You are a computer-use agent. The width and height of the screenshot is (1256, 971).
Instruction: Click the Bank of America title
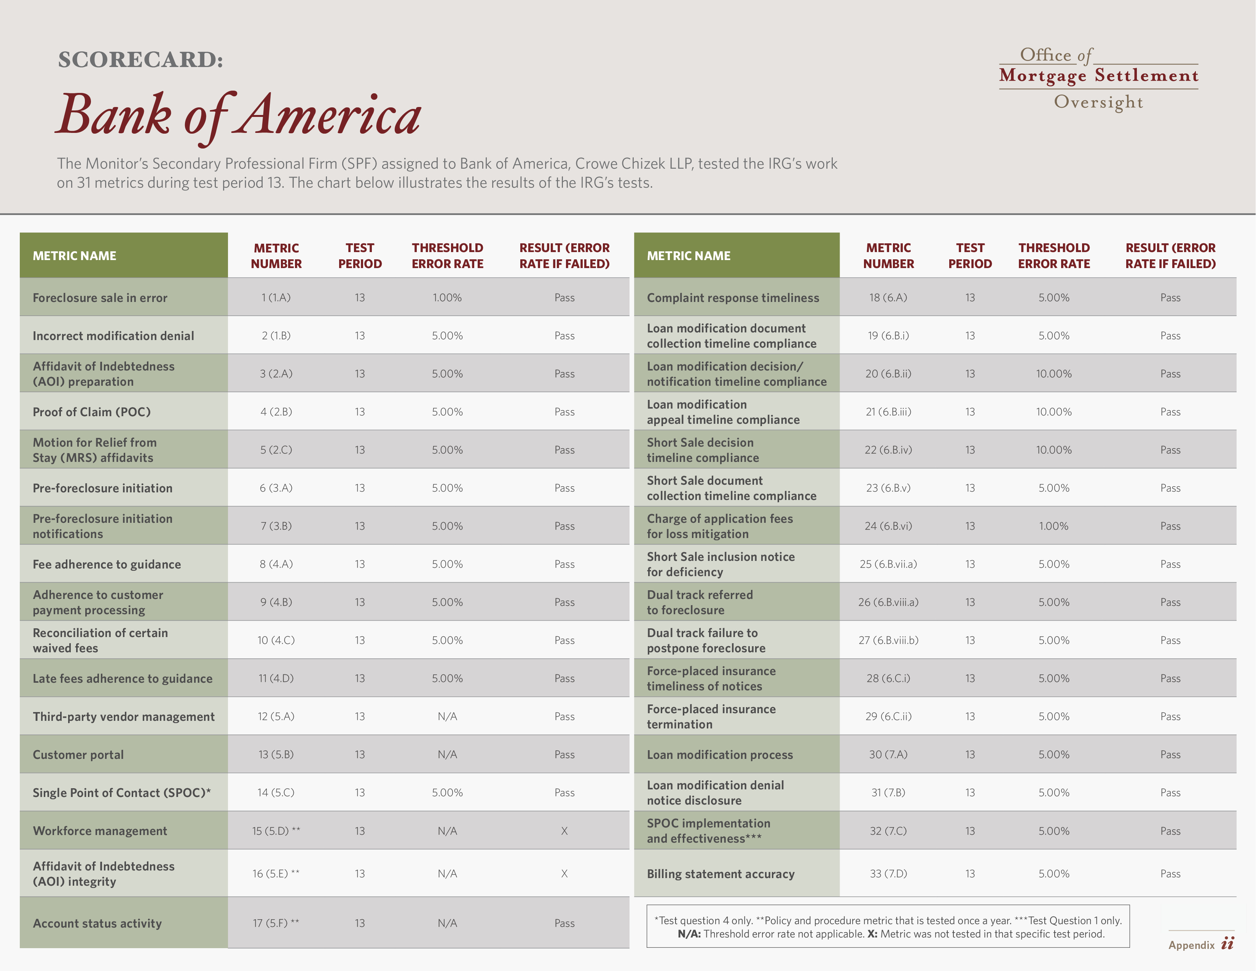239,115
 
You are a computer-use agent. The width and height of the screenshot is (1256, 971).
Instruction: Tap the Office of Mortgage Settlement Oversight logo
1098,78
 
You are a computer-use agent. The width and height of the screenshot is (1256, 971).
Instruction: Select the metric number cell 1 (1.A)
276,297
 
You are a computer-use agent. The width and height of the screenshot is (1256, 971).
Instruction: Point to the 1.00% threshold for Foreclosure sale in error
448,297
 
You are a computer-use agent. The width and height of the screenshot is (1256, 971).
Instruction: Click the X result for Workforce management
564,830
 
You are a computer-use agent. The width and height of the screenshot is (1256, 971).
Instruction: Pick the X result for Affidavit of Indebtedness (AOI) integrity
564,873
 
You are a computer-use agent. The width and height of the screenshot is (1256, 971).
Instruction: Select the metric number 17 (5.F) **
276,923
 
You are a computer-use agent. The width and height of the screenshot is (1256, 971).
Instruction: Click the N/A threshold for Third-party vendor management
448,716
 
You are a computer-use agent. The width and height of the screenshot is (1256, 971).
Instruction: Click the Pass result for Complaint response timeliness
1170,297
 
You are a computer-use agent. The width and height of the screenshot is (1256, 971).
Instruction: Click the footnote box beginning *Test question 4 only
888,926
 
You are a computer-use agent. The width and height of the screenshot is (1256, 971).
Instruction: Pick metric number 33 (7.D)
888,873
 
